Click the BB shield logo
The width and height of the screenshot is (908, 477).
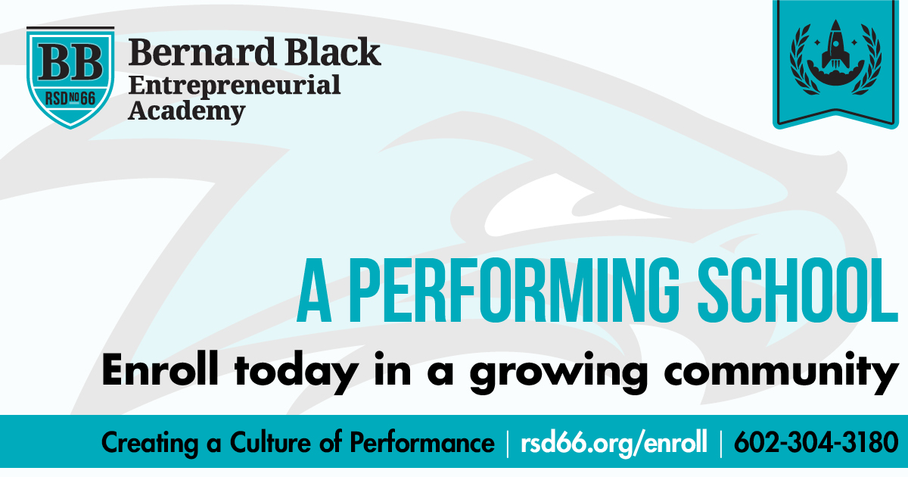pos(70,78)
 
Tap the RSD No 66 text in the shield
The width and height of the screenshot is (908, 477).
pos(70,98)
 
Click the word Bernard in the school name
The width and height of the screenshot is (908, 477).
pos(202,52)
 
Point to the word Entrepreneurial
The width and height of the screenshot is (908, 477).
pos(235,86)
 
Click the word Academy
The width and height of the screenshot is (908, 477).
pos(186,111)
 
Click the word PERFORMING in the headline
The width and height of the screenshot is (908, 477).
pos(513,291)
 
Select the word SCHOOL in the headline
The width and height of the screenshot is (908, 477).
pos(798,291)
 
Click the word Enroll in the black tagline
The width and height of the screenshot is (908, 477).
pos(160,369)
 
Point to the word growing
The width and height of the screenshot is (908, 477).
pos(559,373)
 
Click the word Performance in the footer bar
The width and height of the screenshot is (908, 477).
pos(422,442)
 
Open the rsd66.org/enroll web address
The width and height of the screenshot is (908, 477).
pos(614,443)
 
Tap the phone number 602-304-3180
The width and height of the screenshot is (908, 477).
pos(816,442)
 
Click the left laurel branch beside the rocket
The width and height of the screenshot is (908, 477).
pos(804,60)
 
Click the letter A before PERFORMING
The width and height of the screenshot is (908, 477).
pos(314,291)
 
